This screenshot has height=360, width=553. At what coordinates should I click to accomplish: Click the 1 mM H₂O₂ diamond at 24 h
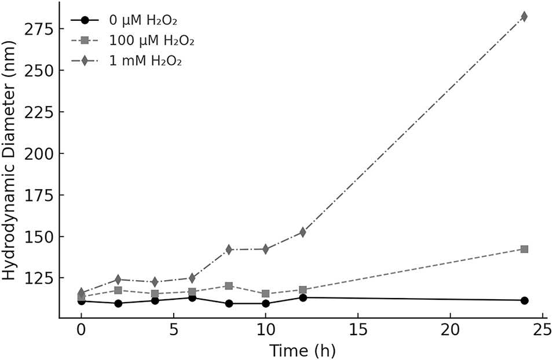click(524, 17)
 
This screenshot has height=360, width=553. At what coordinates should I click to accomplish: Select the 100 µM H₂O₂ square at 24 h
click(524, 249)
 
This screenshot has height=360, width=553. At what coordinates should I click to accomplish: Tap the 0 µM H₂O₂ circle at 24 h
click(524, 301)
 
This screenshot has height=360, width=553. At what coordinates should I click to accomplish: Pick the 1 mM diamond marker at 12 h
click(303, 232)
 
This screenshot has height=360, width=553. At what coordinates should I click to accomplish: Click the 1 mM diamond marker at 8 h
click(229, 249)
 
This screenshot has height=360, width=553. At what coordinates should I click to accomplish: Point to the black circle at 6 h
click(192, 298)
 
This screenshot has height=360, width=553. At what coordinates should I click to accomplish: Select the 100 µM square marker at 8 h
click(229, 286)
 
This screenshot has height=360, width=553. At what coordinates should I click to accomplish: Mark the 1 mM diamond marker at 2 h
click(118, 280)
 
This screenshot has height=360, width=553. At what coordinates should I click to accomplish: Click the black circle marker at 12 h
click(303, 298)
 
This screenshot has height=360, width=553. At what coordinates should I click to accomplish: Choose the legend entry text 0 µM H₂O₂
click(143, 20)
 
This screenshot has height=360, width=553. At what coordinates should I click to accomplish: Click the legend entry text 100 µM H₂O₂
click(152, 41)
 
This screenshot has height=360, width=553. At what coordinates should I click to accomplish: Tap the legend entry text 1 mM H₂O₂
click(145, 61)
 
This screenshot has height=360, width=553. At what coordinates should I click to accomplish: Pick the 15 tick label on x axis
click(358, 330)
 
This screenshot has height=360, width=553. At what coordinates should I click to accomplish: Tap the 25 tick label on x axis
click(543, 330)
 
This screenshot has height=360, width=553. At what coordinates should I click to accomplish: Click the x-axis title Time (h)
click(303, 351)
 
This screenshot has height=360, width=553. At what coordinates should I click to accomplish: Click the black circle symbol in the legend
click(85, 20)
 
